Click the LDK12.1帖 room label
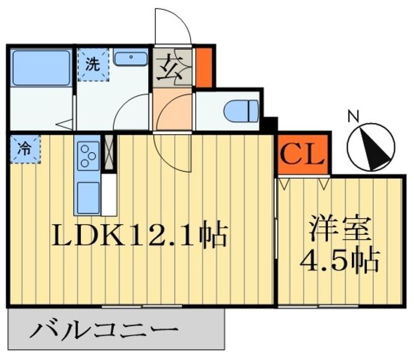coord(139,234)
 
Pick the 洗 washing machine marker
coord(93,65)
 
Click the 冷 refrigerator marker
coord(24,148)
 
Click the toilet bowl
coord(241,111)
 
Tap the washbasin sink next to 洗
coord(132,58)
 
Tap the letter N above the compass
coord(353,117)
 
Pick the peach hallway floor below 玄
coord(172,110)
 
